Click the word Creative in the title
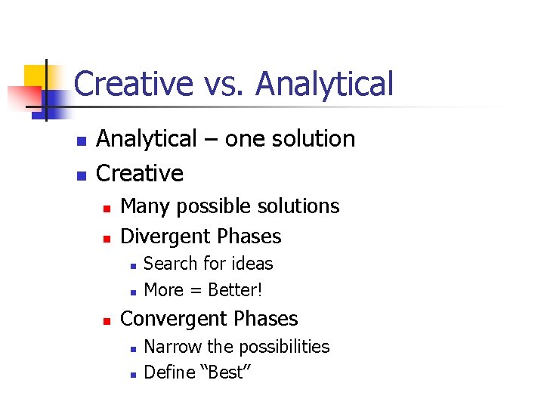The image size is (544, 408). pyautogui.click(x=134, y=84)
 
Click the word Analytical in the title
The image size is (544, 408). pyautogui.click(x=325, y=84)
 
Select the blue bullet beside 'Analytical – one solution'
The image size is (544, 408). pyautogui.click(x=83, y=141)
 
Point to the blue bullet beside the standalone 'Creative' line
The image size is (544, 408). pyautogui.click(x=83, y=175)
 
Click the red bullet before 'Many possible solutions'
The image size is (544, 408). pyautogui.click(x=107, y=207)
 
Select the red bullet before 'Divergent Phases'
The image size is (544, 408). pyautogui.click(x=107, y=238)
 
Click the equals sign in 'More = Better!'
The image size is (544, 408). pyautogui.click(x=194, y=290)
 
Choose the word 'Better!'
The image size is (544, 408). pyautogui.click(x=235, y=289)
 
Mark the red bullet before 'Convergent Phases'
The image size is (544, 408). pyautogui.click(x=107, y=320)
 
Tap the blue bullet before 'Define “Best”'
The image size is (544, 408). pyautogui.click(x=131, y=374)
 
